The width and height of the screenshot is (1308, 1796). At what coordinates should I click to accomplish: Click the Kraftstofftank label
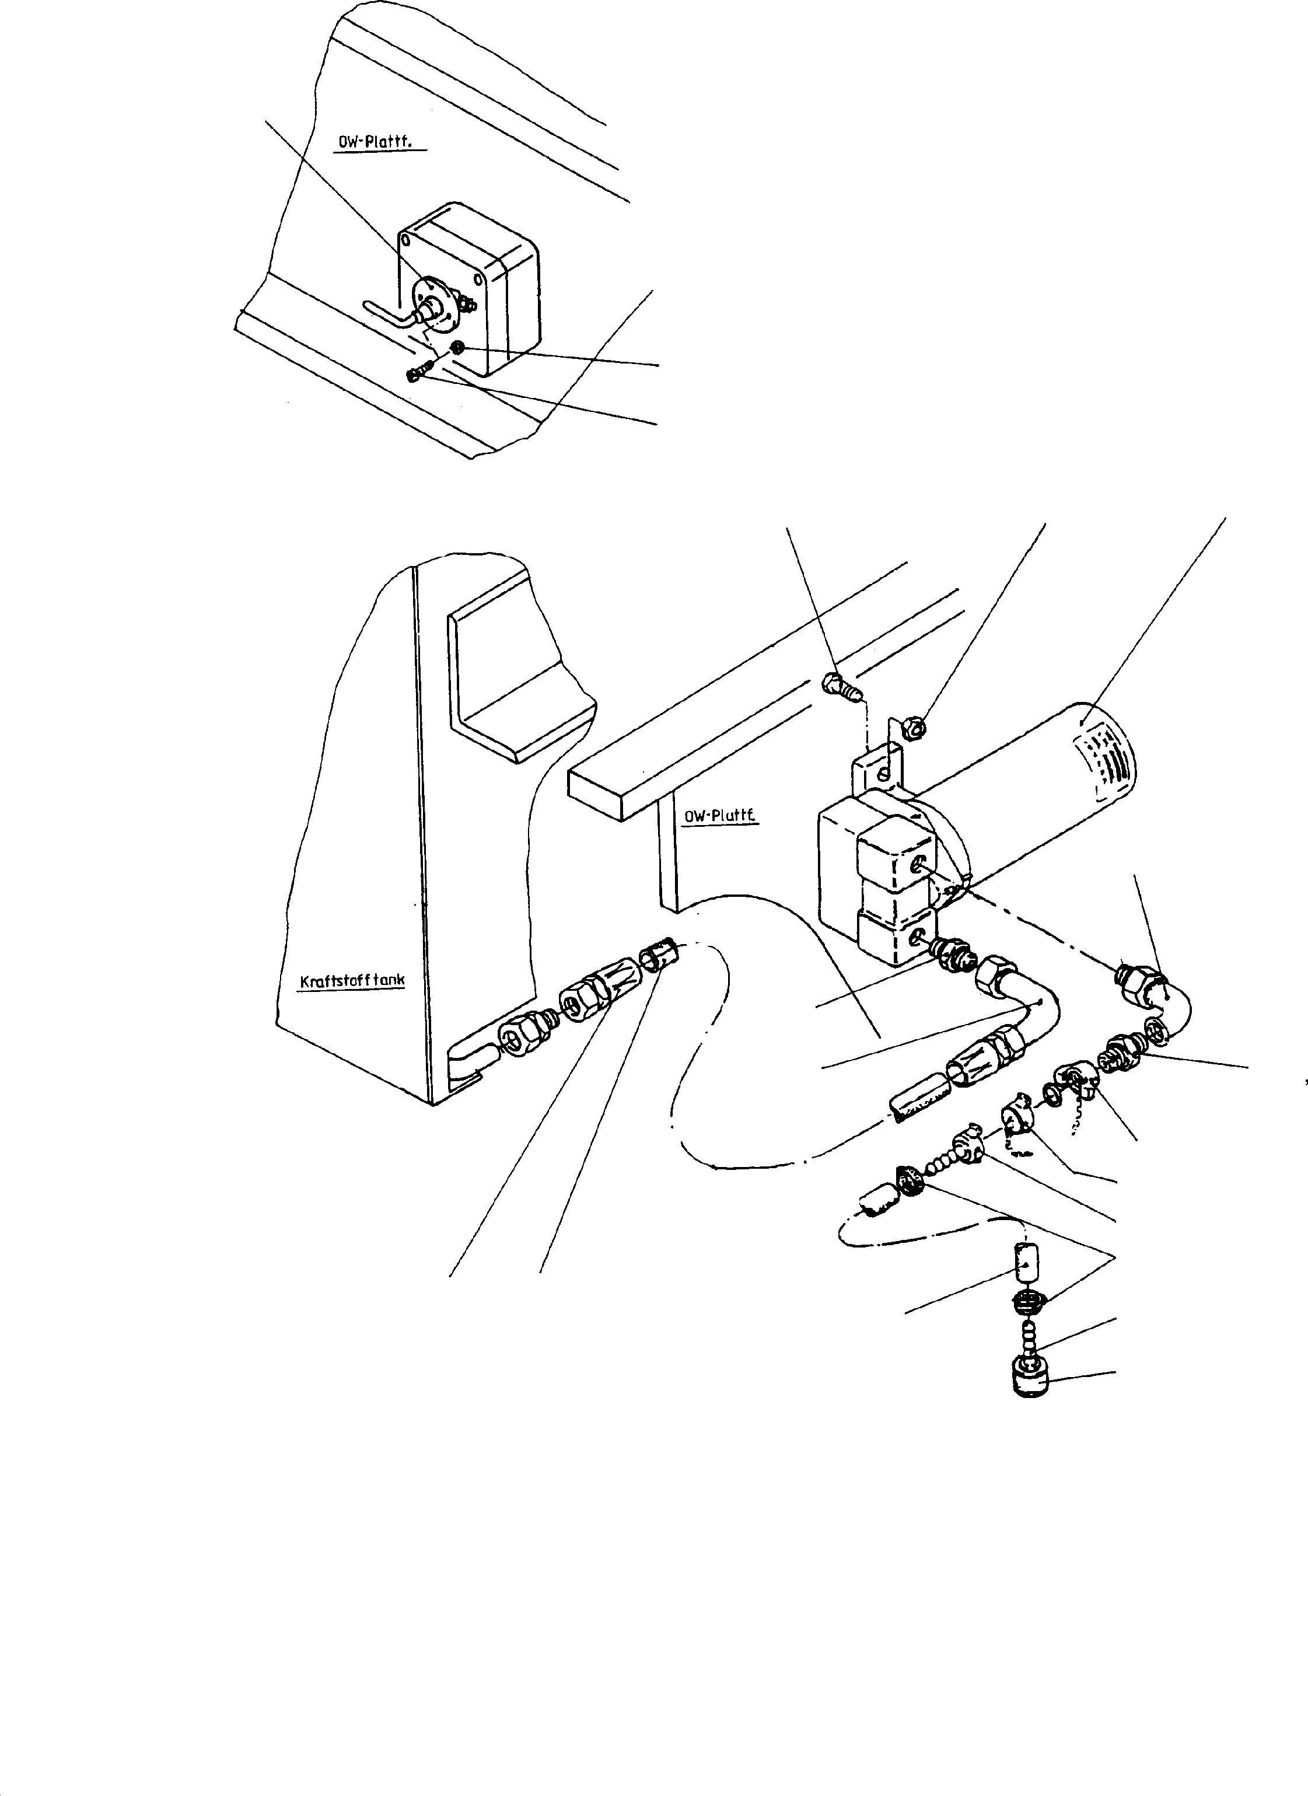click(352, 980)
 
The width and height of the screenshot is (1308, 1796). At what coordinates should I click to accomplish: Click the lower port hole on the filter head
click(918, 938)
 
